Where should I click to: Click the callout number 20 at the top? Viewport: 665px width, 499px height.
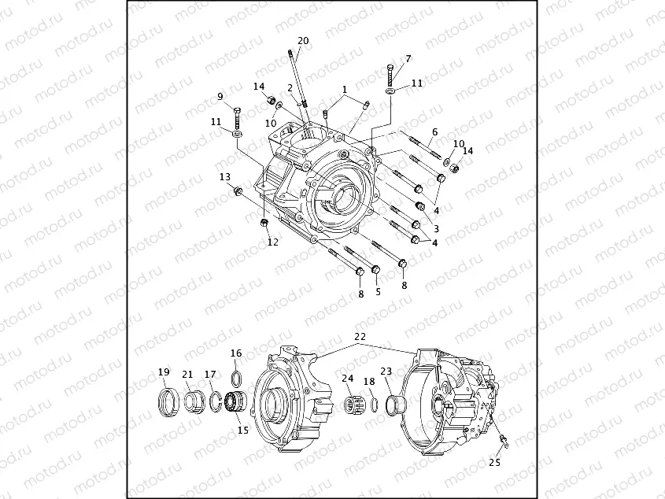coord(303,41)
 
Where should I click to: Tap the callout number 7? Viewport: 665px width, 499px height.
coord(408,58)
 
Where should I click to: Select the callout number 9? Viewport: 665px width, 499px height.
coord(220,97)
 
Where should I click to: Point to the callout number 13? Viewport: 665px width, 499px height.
coord(224,176)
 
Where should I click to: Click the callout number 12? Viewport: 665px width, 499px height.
coord(272,242)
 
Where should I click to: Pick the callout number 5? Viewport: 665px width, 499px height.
coord(377,291)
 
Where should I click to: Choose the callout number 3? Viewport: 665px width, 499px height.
coord(435,228)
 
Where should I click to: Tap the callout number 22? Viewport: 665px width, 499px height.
coord(360,336)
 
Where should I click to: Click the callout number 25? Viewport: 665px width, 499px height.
coord(494,463)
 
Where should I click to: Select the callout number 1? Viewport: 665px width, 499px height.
coord(344,89)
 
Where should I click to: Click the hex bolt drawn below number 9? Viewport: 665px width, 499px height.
coord(237,117)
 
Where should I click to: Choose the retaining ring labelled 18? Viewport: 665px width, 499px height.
coord(374,405)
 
